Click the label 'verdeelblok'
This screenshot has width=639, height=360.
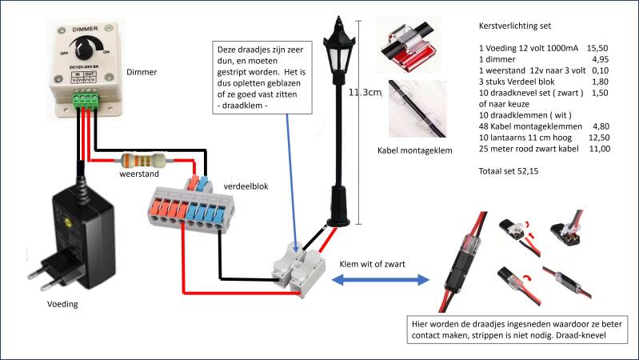(x=247, y=186)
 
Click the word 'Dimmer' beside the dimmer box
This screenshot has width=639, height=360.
(x=142, y=72)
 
